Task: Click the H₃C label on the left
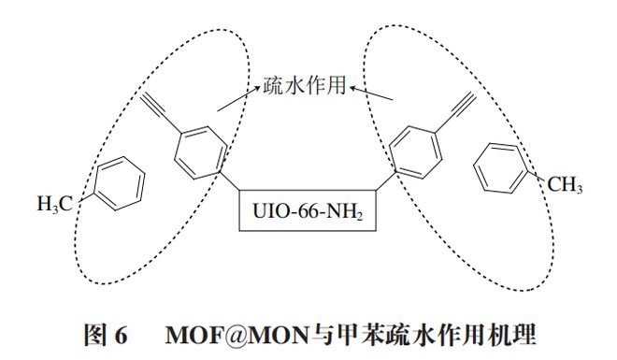pos(55,203)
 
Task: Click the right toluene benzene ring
pos(500,166)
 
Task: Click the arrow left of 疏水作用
pos(238,99)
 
